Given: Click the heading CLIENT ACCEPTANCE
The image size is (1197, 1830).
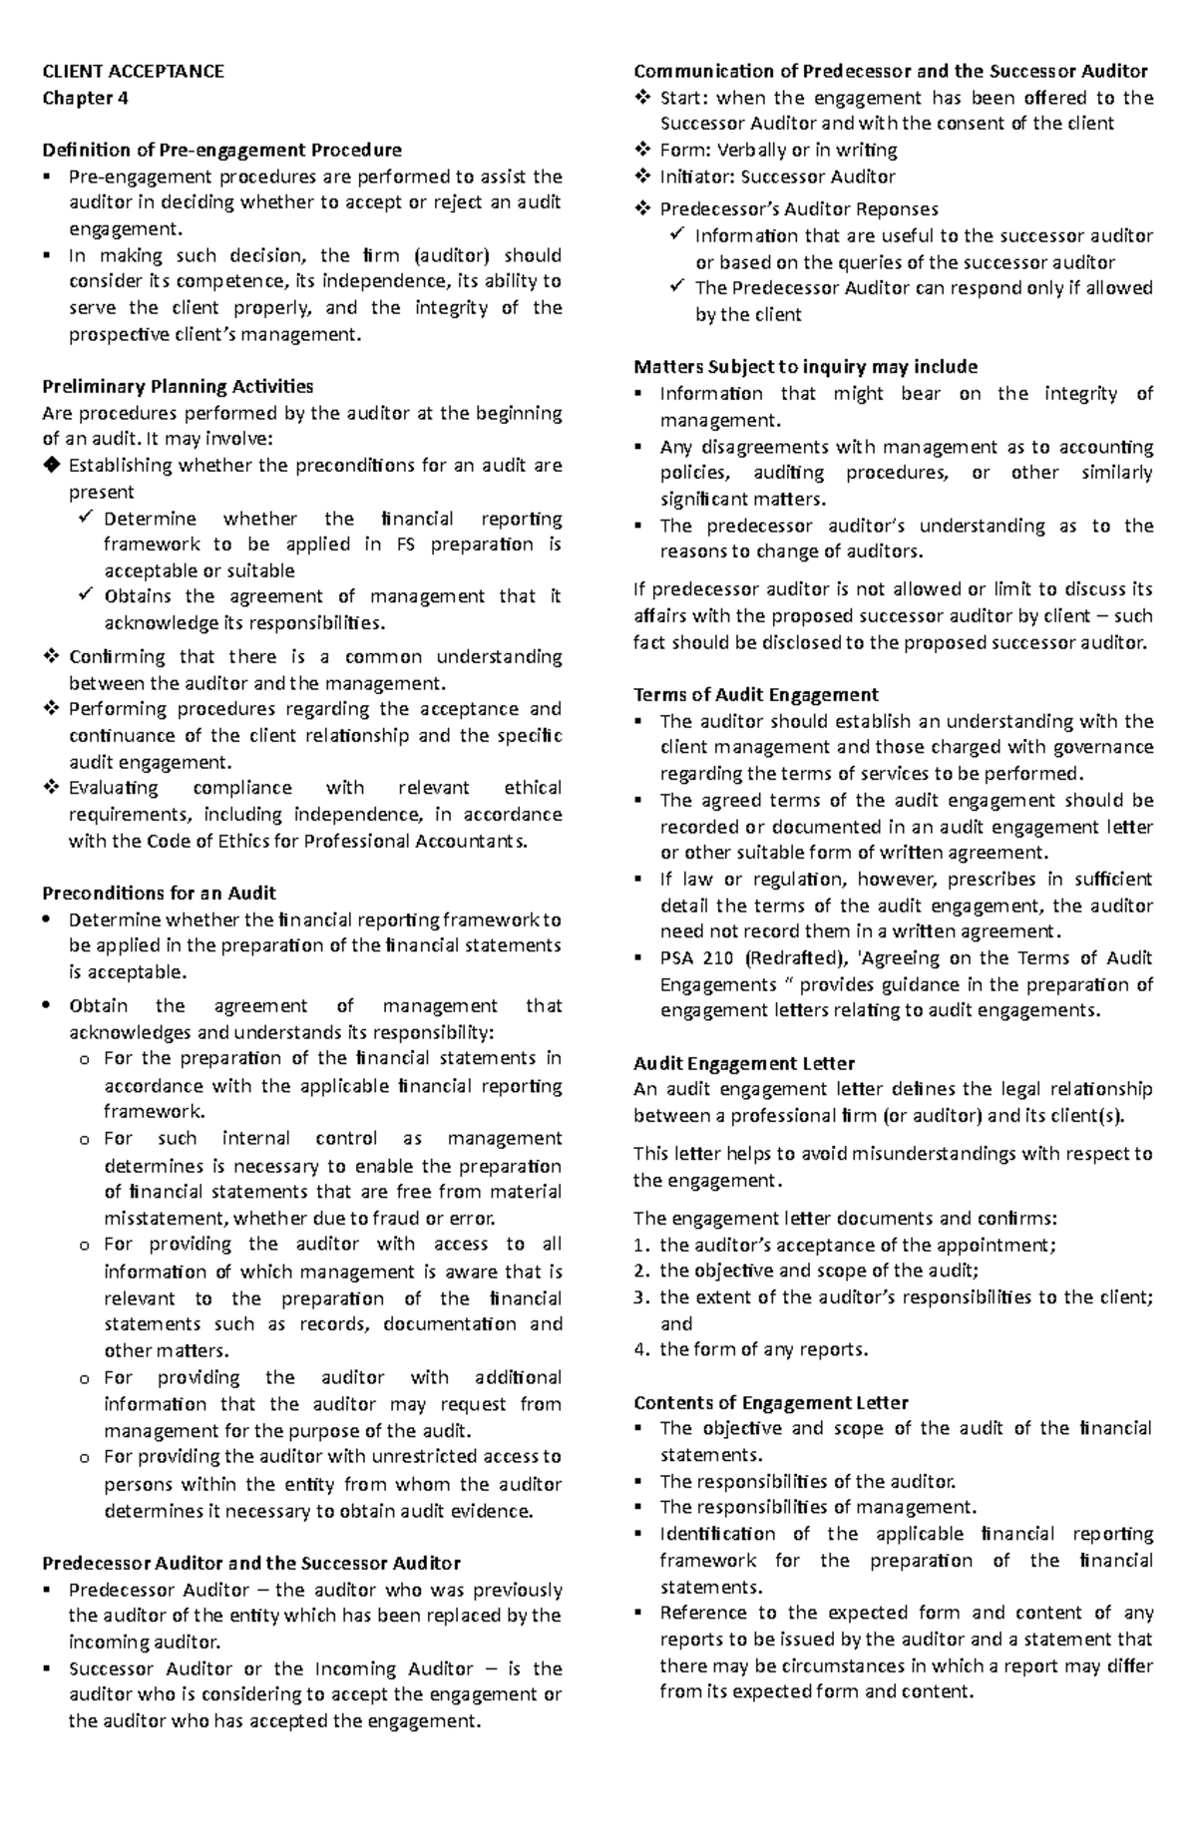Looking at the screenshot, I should [133, 71].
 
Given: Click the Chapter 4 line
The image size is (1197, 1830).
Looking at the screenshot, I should [85, 98].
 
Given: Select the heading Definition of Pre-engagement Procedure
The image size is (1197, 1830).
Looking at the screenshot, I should [221, 151].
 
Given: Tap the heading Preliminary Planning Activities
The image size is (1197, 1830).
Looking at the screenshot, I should [178, 387].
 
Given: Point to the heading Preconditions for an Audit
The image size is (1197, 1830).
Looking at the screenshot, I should [159, 893].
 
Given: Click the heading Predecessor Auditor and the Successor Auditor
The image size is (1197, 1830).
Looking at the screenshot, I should [250, 1563].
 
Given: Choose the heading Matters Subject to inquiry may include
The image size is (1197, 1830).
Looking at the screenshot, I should [805, 367].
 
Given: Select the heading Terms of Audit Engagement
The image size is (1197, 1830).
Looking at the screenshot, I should [755, 694].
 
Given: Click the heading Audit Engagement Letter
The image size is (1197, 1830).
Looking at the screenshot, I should [744, 1063].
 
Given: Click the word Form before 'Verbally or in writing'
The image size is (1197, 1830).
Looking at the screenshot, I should [680, 151].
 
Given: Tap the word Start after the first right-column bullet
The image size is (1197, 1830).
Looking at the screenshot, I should [682, 98].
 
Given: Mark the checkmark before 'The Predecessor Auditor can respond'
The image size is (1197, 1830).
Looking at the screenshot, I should [677, 287].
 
